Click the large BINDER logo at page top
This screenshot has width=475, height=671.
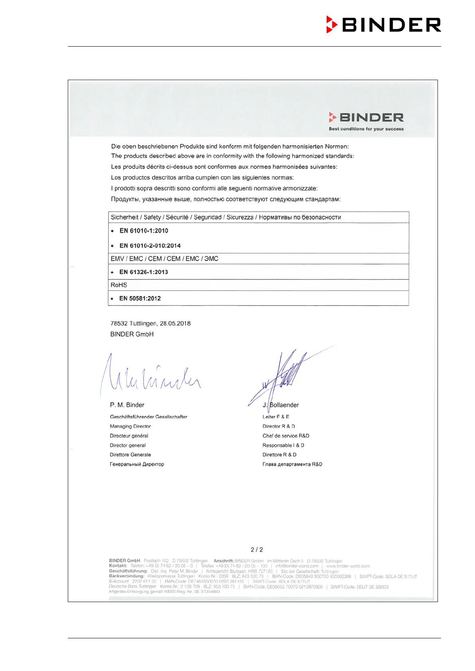click(x=384, y=25)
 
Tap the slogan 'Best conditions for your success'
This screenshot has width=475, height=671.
click(x=366, y=129)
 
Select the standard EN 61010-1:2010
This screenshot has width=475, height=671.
click(x=144, y=231)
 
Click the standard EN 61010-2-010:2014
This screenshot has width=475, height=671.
click(x=150, y=246)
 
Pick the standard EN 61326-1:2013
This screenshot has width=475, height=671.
click(x=144, y=272)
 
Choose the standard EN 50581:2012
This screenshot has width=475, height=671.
click(x=140, y=298)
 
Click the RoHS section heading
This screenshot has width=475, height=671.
click(x=119, y=285)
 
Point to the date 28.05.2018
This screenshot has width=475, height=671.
click(x=175, y=324)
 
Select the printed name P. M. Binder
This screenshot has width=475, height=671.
click(x=127, y=405)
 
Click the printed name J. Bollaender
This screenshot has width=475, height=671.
click(x=281, y=405)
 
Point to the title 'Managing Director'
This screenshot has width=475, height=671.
click(x=130, y=426)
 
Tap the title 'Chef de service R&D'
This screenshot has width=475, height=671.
click(x=286, y=436)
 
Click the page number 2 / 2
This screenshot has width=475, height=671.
click(x=257, y=550)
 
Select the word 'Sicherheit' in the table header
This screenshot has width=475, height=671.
click(x=124, y=218)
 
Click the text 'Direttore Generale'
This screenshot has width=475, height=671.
click(x=130, y=455)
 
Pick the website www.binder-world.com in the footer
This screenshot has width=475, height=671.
click(x=348, y=566)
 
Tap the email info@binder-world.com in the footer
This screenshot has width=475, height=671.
click(x=297, y=566)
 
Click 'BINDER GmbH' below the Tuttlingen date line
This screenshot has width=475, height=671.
click(x=132, y=334)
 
